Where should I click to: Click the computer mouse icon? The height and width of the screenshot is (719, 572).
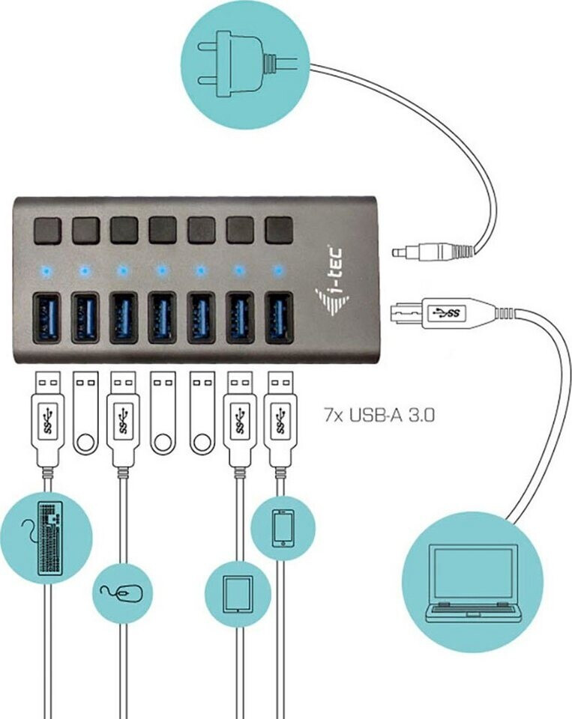tap(123, 593)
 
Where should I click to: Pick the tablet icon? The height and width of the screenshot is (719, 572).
tap(238, 594)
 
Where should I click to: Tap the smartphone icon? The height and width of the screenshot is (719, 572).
tap(283, 528)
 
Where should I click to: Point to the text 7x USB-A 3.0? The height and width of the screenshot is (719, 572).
tap(379, 416)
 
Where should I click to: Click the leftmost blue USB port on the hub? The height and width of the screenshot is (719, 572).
tap(46, 318)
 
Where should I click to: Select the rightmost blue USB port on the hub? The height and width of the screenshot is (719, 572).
tap(279, 318)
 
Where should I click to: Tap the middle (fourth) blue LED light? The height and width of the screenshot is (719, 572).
tap(161, 270)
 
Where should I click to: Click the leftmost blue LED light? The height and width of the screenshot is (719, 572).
tap(46, 270)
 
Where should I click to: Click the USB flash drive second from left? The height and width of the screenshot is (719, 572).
tap(86, 413)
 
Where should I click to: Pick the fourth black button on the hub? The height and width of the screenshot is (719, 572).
tap(163, 230)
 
